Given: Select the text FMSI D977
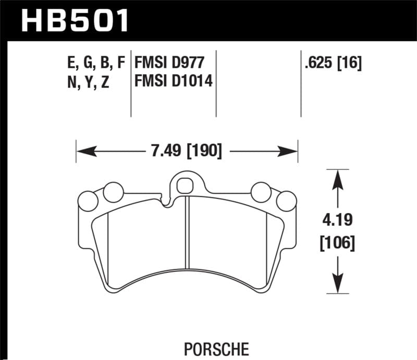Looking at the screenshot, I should (x=168, y=64).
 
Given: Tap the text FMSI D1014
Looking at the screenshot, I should (x=174, y=82).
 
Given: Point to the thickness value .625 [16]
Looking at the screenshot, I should (x=332, y=64).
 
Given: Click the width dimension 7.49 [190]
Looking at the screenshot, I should (x=186, y=152).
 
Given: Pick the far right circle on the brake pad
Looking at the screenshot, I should (x=286, y=201).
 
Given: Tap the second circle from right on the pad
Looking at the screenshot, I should (x=260, y=192).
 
